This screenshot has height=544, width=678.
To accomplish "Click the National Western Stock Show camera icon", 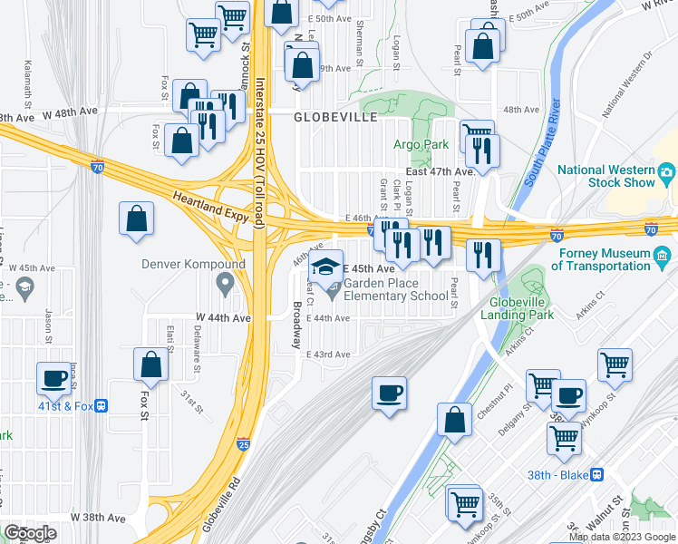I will tap(666, 171).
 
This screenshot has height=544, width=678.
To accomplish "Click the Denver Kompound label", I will tap(193, 265).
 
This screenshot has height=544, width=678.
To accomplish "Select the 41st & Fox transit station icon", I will tap(102, 406).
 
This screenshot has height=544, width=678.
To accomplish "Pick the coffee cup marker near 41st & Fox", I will tap(53, 378).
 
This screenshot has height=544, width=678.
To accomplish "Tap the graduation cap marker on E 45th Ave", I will tap(325, 267).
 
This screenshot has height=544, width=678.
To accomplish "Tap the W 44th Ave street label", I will tap(222, 318).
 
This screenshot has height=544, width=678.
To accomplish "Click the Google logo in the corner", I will tap(30, 532).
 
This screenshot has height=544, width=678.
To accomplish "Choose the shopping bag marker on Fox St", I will tap(150, 364).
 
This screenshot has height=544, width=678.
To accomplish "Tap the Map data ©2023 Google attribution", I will tap(621, 537).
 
